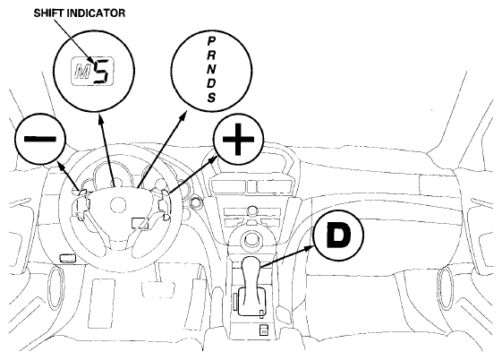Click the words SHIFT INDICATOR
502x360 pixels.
(x=79, y=13)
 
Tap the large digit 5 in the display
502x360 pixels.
(x=103, y=72)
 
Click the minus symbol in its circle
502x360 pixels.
(x=40, y=139)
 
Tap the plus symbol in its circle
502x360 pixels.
(x=239, y=140)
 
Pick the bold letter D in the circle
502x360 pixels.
(x=338, y=235)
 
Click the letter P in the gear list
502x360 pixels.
(x=211, y=41)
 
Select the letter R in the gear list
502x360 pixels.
(x=211, y=55)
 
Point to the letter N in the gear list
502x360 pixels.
(x=211, y=68)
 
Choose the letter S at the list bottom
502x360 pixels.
(x=211, y=97)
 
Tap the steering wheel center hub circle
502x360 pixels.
(x=118, y=205)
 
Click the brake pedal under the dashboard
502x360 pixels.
(x=158, y=289)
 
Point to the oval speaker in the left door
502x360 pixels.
(x=56, y=287)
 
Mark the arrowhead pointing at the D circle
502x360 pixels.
(x=311, y=248)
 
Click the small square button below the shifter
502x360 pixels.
(x=263, y=330)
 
